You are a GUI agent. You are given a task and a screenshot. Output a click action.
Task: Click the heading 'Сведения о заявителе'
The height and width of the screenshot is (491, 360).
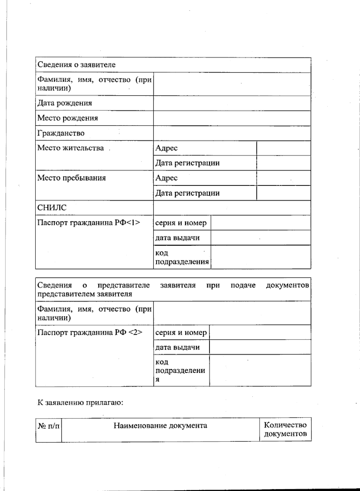click(76, 65)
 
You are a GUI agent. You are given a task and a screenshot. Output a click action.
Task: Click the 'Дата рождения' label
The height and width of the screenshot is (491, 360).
click(65, 103)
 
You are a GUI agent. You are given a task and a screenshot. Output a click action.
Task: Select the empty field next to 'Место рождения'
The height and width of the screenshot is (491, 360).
click(232, 118)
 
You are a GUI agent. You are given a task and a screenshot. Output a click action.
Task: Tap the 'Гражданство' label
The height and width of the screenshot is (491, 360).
click(61, 133)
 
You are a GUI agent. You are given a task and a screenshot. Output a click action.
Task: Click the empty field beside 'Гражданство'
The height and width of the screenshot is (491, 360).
click(232, 133)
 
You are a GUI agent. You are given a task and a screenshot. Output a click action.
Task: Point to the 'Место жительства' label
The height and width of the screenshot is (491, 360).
click(70, 148)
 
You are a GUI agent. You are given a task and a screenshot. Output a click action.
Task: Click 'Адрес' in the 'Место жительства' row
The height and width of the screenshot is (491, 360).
click(166, 148)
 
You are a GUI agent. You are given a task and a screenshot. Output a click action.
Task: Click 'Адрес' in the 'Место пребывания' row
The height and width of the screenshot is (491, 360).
click(166, 178)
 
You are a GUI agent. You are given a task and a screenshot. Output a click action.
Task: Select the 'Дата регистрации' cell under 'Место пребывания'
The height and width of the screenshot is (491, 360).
click(187, 193)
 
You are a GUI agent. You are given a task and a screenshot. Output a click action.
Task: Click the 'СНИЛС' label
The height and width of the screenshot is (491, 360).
click(52, 208)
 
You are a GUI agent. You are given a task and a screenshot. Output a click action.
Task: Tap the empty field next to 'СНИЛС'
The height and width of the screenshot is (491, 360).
click(232, 208)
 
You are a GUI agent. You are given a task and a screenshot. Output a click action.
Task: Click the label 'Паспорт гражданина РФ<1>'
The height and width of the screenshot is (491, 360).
click(89, 223)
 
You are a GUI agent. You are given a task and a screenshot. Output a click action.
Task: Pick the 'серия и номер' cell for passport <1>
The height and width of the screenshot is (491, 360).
click(181, 223)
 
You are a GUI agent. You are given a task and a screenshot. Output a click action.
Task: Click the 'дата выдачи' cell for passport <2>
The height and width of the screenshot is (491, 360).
click(178, 347)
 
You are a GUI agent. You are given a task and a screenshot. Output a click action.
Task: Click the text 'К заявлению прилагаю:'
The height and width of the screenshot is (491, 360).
click(80, 403)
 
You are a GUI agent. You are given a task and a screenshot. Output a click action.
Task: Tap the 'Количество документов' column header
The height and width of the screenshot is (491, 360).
click(285, 430)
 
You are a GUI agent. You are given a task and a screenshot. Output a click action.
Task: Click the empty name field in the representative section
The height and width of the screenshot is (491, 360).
click(232, 313)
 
